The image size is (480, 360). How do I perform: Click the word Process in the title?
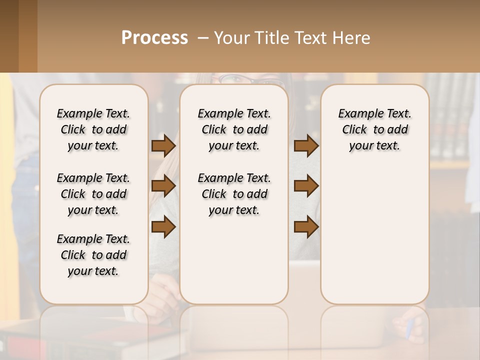[x=154, y=38]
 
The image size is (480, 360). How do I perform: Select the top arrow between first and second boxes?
[x=163, y=145]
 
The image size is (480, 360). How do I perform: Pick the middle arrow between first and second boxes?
[x=163, y=186]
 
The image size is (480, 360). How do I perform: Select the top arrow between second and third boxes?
[x=306, y=145]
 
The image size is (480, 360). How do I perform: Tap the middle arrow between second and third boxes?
[x=306, y=186]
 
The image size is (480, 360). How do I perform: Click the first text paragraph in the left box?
[x=93, y=129]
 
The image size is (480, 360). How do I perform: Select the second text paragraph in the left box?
[x=93, y=194]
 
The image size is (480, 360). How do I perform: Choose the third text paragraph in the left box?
[x=93, y=255]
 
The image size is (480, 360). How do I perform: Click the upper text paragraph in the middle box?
[x=234, y=129]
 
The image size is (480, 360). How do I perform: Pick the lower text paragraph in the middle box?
[x=234, y=194]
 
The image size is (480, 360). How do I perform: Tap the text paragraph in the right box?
[x=374, y=129]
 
